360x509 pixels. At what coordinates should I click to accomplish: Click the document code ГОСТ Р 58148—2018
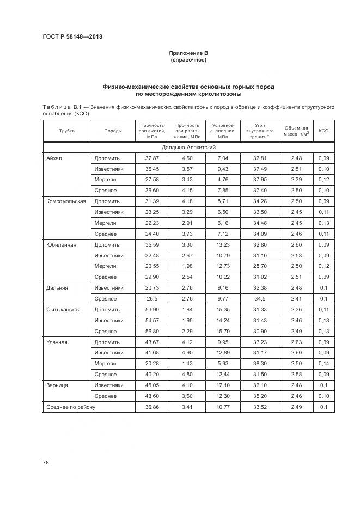tap(72, 37)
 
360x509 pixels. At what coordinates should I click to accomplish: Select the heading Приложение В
tap(188, 53)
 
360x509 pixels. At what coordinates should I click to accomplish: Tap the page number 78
tap(46, 463)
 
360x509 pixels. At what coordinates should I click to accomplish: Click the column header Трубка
tap(67, 131)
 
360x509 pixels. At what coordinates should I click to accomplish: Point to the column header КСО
tap(324, 131)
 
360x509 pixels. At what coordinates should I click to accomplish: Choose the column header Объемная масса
tap(297, 131)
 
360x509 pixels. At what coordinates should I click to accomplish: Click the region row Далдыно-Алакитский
tap(188, 148)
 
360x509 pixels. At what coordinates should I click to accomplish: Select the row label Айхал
tap(54, 158)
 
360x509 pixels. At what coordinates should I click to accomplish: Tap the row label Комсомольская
tap(66, 201)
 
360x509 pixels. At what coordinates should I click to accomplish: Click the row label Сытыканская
tap(63, 309)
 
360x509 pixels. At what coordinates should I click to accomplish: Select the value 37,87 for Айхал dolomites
tap(151, 158)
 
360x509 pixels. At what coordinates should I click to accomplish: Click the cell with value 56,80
tap(151, 331)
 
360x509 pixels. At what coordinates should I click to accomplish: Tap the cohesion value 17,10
tap(222, 385)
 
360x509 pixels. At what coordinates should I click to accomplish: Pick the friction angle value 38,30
tap(259, 363)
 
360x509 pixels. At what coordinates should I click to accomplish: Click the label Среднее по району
tap(70, 407)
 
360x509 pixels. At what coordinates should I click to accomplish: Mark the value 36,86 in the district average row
tap(151, 407)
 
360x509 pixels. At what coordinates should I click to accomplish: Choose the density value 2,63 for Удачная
tap(296, 342)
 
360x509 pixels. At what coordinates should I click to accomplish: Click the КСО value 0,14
tap(324, 363)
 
